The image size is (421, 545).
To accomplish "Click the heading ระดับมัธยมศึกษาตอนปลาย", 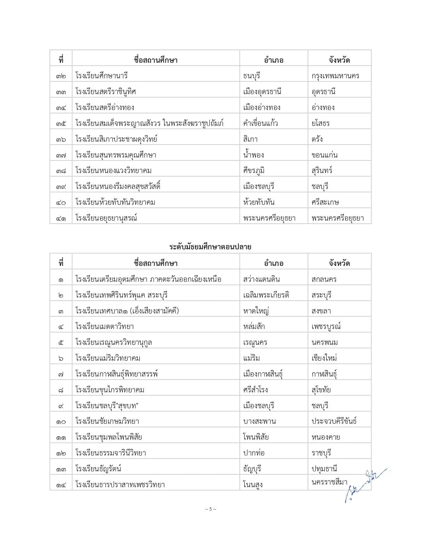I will (210, 247).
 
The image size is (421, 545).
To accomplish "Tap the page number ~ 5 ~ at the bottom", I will (210, 509).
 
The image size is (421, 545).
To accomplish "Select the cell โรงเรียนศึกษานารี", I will (101, 76).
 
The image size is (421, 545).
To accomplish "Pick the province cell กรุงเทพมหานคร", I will (335, 76).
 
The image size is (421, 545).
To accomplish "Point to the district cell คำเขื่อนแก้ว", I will (260, 123).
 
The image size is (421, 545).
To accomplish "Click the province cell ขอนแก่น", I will (324, 155).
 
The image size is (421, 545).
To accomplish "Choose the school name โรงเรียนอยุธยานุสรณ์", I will (106, 218).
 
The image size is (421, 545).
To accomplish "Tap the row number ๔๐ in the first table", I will (61, 202).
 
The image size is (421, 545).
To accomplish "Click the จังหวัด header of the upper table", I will (339, 60).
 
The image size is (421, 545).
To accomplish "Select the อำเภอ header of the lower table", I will (273, 263).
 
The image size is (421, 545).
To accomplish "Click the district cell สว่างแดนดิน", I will (261, 279).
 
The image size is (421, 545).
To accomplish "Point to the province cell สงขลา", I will (321, 311).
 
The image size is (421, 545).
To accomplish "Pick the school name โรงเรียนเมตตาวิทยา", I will (104, 326).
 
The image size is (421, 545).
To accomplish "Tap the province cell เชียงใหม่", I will (324, 358).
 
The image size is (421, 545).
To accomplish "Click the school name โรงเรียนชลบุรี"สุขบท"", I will (107, 406).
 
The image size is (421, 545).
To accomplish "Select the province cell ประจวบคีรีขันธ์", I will (334, 421).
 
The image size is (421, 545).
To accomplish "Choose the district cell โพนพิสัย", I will (256, 437).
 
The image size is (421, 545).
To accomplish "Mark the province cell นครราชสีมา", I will (329, 482).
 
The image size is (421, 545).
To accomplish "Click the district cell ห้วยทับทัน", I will (259, 202).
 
